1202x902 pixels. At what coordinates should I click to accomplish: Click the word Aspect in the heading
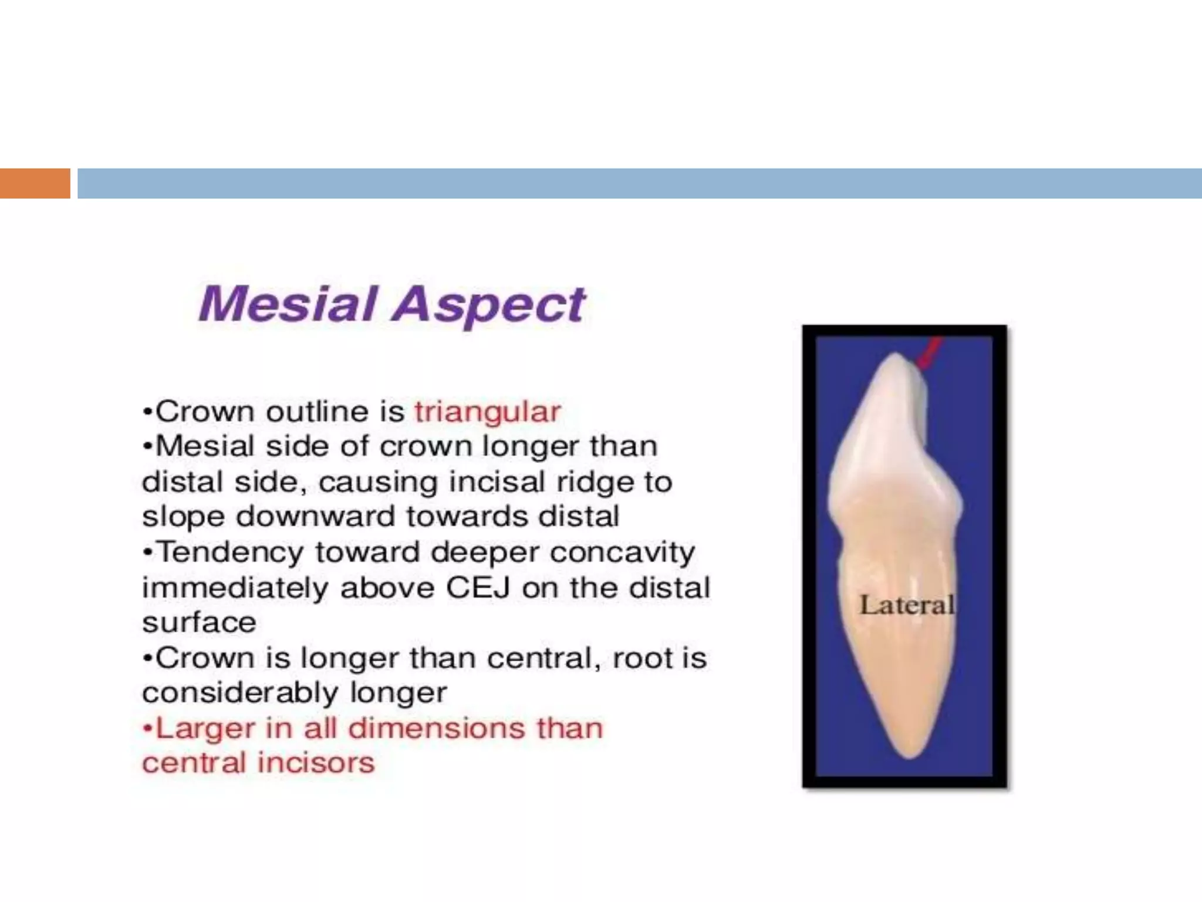click(x=489, y=305)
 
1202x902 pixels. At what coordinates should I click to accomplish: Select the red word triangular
click(x=487, y=411)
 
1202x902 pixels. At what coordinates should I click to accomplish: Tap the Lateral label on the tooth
click(x=907, y=605)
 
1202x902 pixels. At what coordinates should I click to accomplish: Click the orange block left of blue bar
click(x=35, y=183)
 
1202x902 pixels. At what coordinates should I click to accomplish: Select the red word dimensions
click(x=435, y=729)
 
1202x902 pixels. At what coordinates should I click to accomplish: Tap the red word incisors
click(x=316, y=763)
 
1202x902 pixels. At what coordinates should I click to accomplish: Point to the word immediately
click(x=235, y=588)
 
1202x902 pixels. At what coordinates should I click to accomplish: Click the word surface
click(x=199, y=622)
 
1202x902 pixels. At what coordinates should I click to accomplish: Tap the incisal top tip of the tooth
click(x=894, y=355)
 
